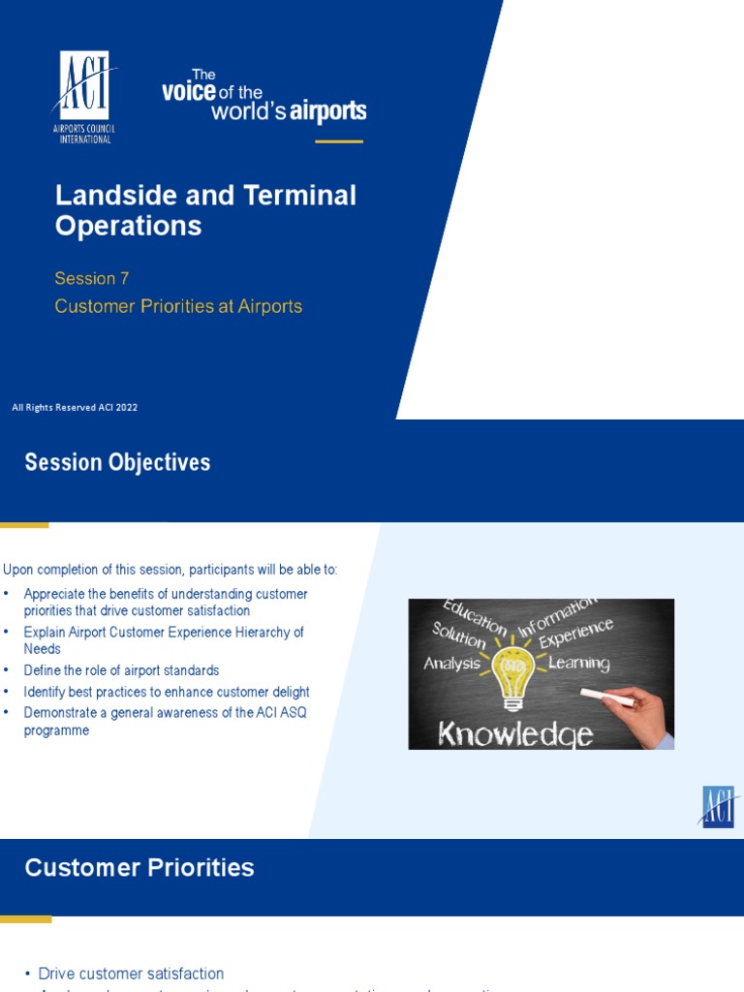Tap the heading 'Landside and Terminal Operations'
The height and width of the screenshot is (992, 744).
click(205, 210)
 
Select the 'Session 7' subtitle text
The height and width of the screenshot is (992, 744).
click(92, 279)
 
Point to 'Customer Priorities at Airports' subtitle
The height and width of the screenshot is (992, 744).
click(178, 307)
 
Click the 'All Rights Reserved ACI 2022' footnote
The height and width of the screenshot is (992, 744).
click(75, 408)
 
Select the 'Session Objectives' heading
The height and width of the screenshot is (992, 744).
click(117, 463)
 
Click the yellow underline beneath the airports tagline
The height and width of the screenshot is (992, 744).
click(339, 142)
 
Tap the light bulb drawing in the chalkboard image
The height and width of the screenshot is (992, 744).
click(512, 672)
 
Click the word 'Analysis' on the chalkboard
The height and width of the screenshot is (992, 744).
click(451, 665)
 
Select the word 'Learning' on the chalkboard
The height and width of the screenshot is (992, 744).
click(578, 664)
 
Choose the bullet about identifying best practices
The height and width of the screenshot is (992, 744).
click(167, 693)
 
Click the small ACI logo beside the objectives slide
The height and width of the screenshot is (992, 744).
click(718, 806)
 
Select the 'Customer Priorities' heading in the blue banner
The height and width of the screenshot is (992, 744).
click(139, 868)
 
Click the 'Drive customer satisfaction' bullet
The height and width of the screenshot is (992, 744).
click(131, 974)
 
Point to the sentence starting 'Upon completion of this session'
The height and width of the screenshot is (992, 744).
click(170, 570)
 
